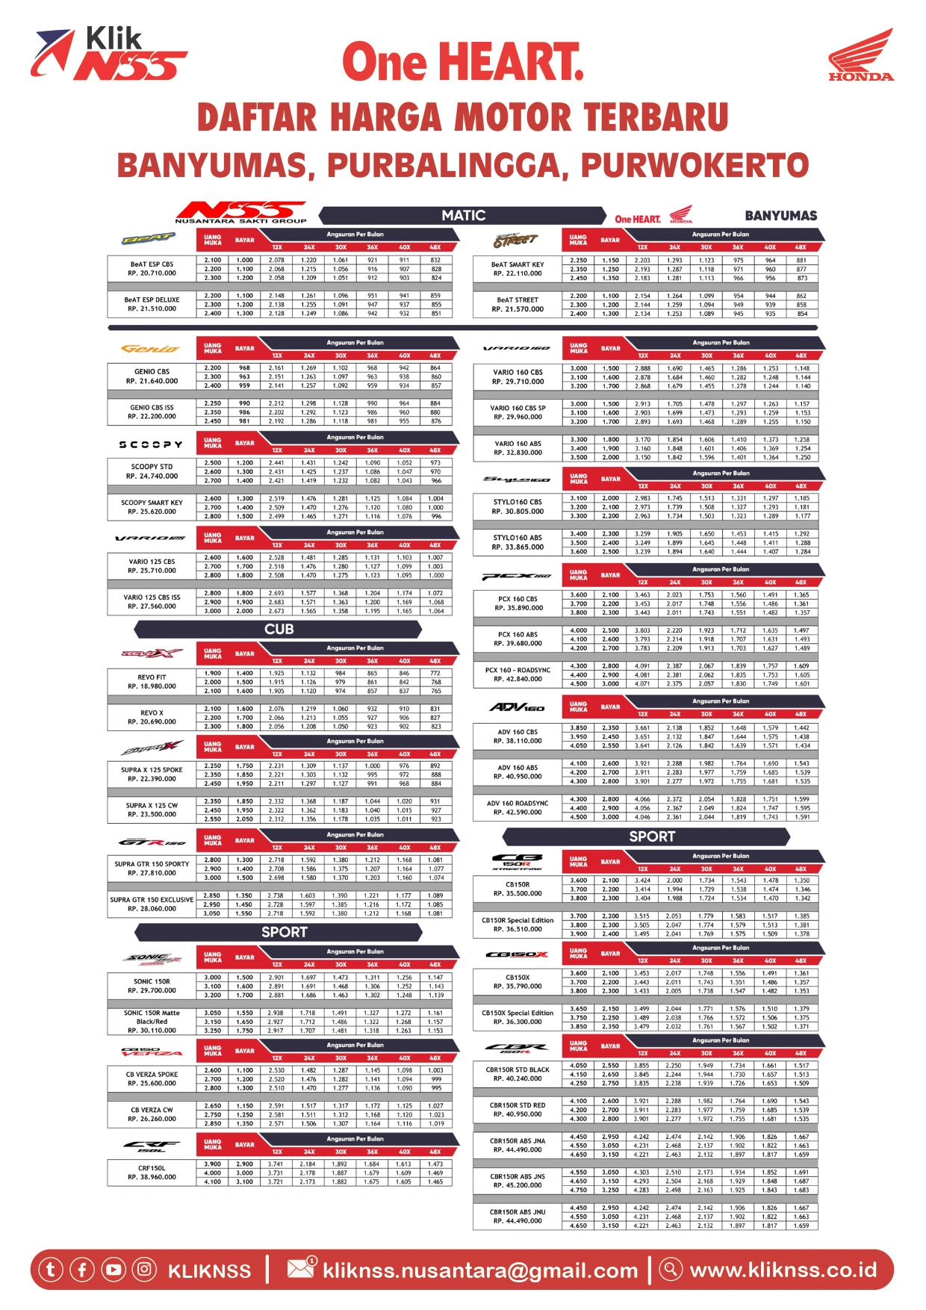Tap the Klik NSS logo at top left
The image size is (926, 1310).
click(x=108, y=54)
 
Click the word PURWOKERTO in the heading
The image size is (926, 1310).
click(x=694, y=166)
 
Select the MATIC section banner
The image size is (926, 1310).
click(x=463, y=216)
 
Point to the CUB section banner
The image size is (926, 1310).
click(x=279, y=630)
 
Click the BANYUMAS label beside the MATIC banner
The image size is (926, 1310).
click(x=780, y=216)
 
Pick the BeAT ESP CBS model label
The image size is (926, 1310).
click(x=152, y=269)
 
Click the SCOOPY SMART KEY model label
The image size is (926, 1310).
click(x=152, y=507)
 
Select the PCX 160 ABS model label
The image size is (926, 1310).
click(x=518, y=639)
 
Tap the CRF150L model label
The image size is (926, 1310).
click(x=152, y=1173)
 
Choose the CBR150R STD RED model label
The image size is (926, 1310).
click(x=518, y=1109)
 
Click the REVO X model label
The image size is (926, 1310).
click(x=152, y=717)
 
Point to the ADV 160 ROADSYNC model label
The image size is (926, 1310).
click(x=518, y=807)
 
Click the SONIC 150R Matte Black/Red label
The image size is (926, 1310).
click(x=152, y=1022)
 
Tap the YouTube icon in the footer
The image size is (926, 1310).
click(x=114, y=1270)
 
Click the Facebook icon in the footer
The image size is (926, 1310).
click(x=82, y=1270)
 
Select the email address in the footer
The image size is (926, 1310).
click(x=480, y=1270)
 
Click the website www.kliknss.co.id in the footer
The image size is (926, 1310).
click(x=783, y=1270)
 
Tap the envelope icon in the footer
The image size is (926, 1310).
click(x=301, y=1268)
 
